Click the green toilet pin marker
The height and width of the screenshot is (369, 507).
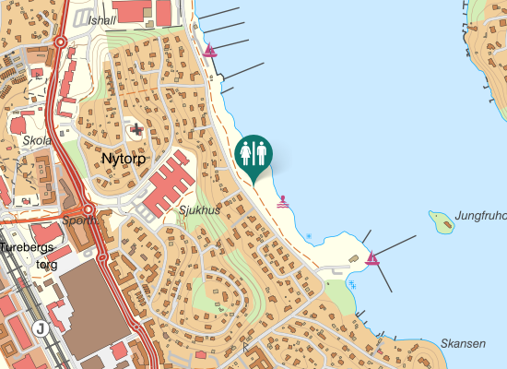tap(254, 154)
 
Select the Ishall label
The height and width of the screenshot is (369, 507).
tap(102, 20)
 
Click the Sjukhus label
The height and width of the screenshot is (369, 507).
tap(200, 209)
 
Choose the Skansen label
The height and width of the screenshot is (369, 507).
tap(463, 343)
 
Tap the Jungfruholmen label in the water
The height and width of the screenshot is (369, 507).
tap(480, 217)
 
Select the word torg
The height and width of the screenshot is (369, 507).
tap(46, 264)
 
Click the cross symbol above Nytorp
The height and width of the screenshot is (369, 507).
tap(137, 130)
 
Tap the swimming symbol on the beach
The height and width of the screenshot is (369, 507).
tap(283, 200)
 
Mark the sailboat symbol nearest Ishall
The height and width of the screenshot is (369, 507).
tap(212, 51)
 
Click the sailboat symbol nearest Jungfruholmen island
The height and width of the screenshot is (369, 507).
tap(371, 259)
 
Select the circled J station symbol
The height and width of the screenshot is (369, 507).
tap(40, 328)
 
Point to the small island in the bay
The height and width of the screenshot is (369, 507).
tap(442, 220)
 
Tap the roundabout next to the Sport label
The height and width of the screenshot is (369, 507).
tap(87, 208)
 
